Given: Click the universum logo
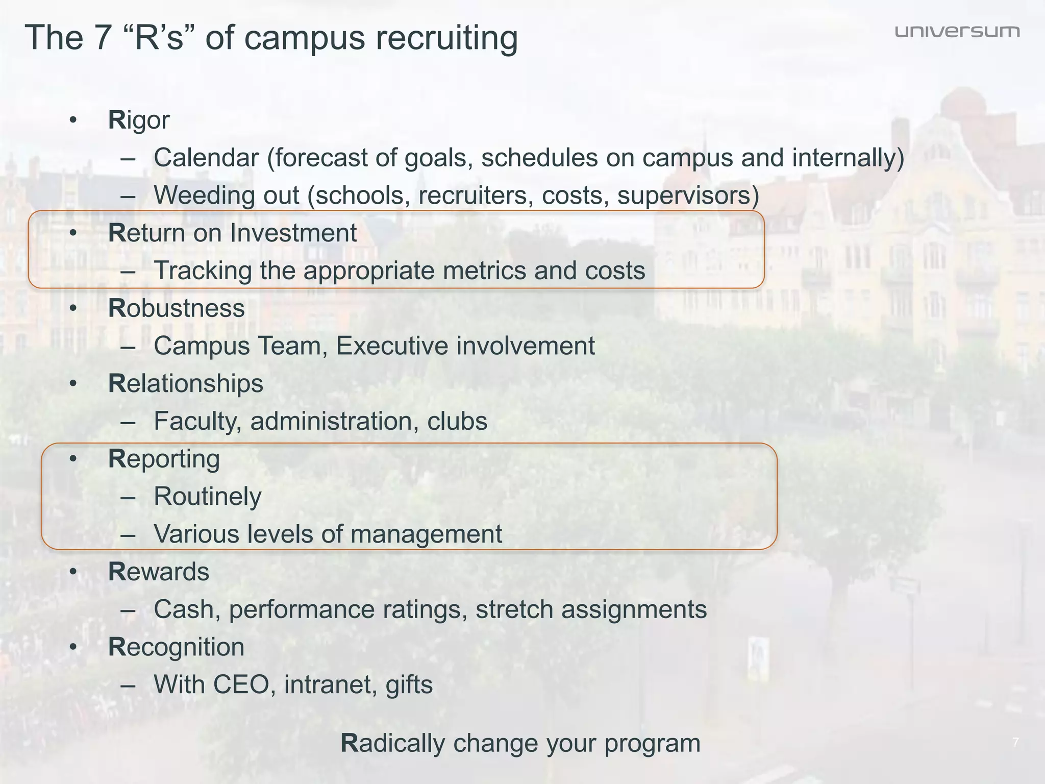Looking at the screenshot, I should pos(957,32).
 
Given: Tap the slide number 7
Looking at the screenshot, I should pos(1015,742).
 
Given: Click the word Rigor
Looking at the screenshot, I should pos(139,120).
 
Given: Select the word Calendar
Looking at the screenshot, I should pos(207,157).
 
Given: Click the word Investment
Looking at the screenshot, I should pos(293,233).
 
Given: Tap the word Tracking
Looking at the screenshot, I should pos(203,271).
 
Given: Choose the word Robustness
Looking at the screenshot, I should pos(177,308).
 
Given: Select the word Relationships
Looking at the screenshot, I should pos(186,383).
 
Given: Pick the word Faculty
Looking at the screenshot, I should pos(197,421).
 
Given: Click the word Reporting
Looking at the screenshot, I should pos(164,459).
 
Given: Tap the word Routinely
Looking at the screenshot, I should pos(208,496).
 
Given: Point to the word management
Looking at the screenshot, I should pos(426,534).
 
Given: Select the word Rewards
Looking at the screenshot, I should pos(159,572).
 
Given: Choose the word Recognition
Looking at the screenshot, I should pos(177,647).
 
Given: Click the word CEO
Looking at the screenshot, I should pos(241,684).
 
